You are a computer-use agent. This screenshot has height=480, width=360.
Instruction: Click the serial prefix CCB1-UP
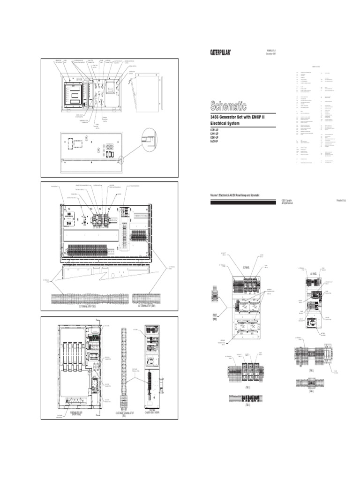215,129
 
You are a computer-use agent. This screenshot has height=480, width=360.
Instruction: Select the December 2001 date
272,54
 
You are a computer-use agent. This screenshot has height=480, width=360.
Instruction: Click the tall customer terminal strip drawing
125,366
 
